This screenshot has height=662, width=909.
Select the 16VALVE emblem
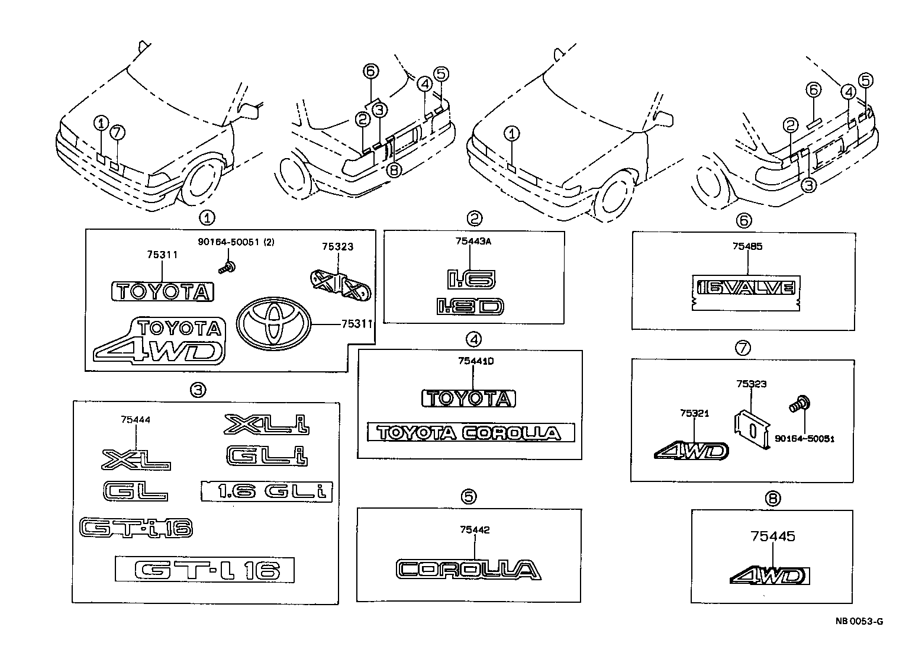(x=746, y=288)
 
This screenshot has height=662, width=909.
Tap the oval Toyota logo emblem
(x=273, y=325)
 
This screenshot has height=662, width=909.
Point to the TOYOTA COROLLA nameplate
(x=470, y=432)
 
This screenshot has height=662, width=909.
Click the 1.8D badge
(x=470, y=306)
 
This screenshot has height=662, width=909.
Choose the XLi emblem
(x=267, y=424)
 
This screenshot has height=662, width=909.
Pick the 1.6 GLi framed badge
(x=267, y=491)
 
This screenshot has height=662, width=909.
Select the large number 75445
(x=773, y=536)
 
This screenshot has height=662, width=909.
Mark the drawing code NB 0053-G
(x=859, y=621)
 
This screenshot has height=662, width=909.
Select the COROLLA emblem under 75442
(x=468, y=569)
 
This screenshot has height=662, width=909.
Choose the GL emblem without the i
(x=134, y=491)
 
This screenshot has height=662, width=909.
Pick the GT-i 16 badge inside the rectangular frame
(x=204, y=570)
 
